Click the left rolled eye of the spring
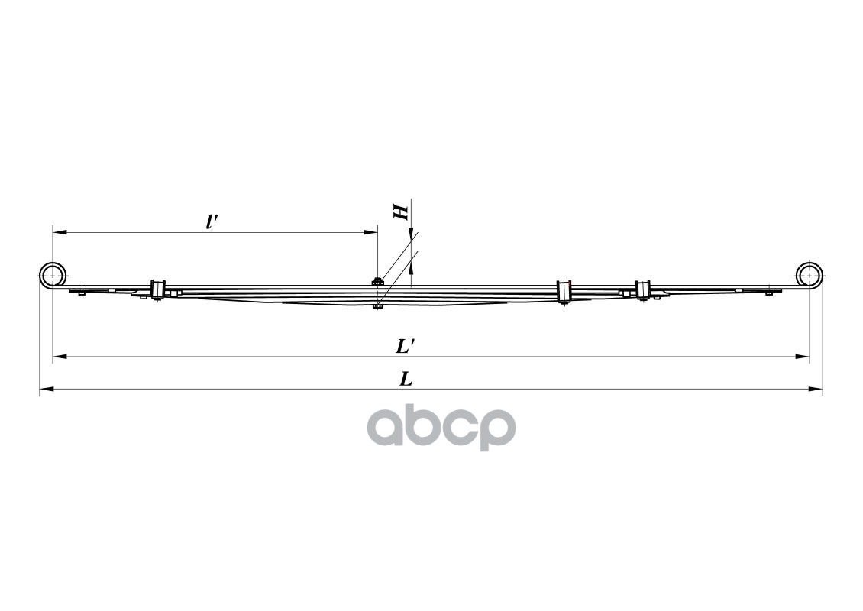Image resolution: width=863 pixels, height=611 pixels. click(x=52, y=275)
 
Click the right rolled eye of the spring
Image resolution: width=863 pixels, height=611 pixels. click(x=810, y=275)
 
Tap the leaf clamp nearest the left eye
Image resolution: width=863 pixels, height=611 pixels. click(x=158, y=291)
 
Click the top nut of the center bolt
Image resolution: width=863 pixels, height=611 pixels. click(x=377, y=282)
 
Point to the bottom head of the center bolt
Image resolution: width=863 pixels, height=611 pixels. click(x=377, y=307)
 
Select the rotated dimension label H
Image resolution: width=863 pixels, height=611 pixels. click(x=401, y=212)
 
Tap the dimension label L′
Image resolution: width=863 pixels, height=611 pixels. click(x=405, y=346)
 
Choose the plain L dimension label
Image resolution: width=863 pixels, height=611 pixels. click(x=406, y=379)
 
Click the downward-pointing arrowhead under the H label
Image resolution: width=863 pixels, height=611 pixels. click(x=411, y=235)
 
